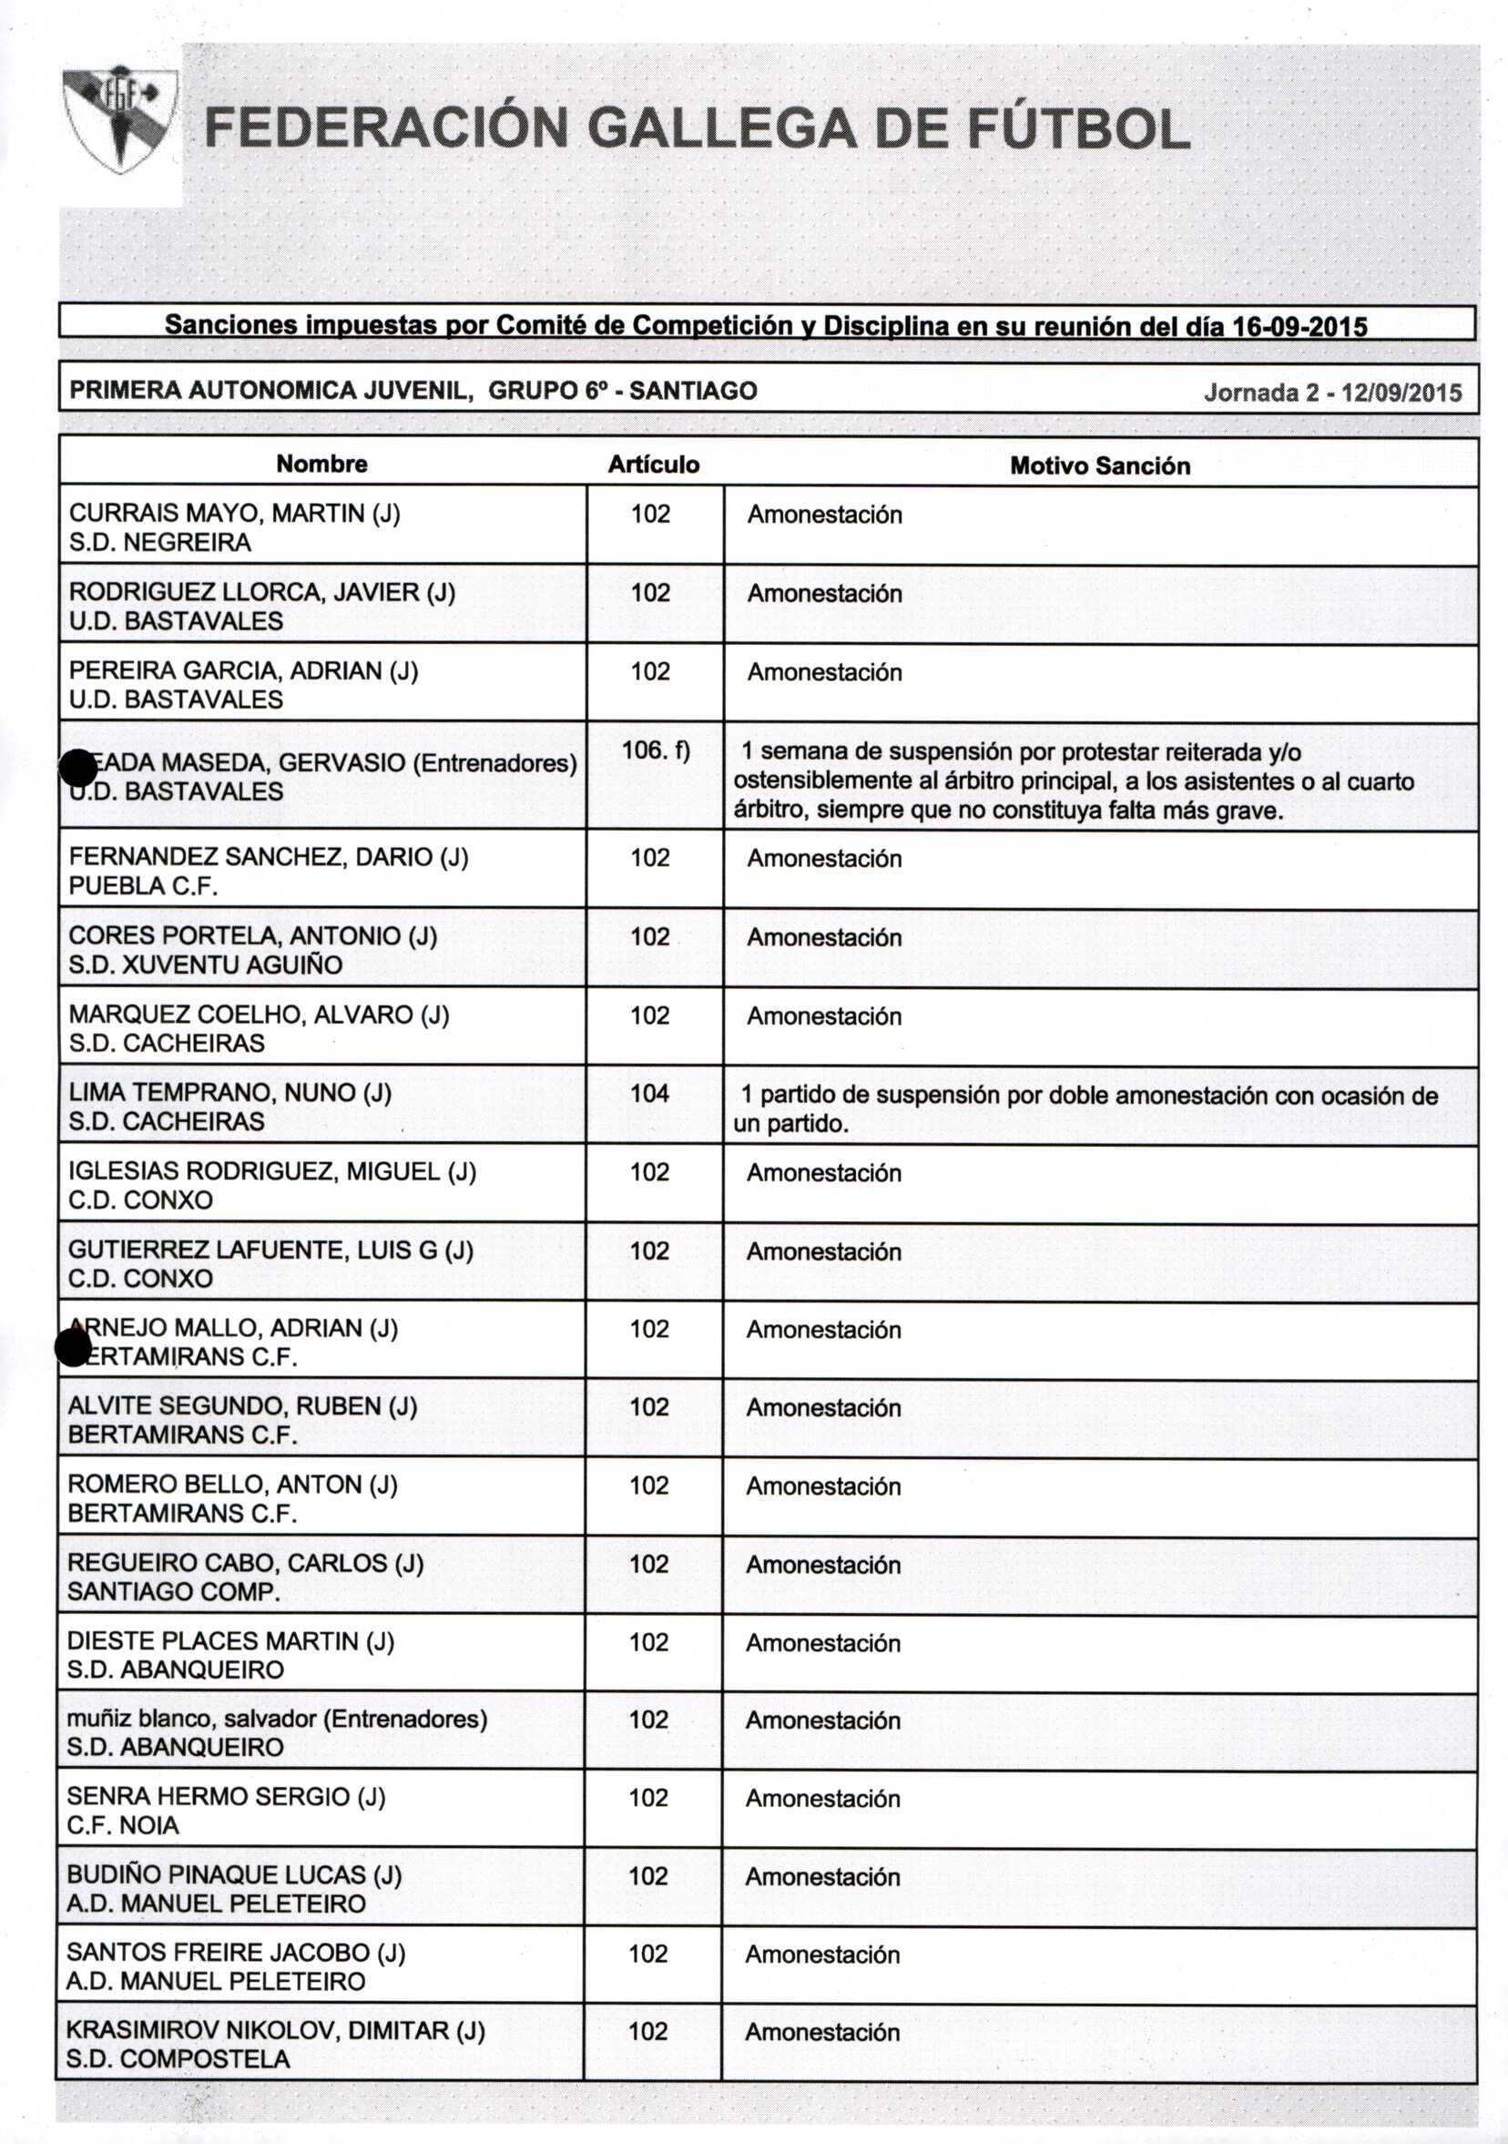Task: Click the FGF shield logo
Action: (x=119, y=119)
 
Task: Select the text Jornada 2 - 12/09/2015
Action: (x=1332, y=393)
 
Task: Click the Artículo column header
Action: (x=654, y=465)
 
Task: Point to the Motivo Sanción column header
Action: (x=1100, y=466)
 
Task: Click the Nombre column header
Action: (x=321, y=465)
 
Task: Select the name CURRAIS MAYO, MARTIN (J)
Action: (x=234, y=514)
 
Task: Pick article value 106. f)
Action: (x=656, y=750)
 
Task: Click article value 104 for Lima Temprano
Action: (x=650, y=1094)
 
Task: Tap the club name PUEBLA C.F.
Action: (x=143, y=886)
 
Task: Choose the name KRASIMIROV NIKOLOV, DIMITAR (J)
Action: (x=275, y=2031)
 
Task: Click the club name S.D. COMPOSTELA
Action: (x=178, y=2059)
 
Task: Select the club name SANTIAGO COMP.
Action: (x=174, y=1591)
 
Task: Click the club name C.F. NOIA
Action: (x=122, y=1825)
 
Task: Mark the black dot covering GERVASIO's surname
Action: (x=78, y=769)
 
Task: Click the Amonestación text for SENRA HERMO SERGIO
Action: (x=822, y=1799)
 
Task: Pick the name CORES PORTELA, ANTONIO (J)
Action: (x=253, y=935)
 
